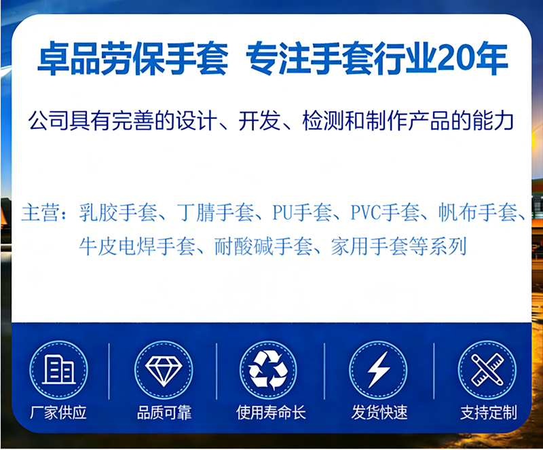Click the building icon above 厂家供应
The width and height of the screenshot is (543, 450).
coord(58,370)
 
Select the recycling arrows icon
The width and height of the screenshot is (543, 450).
coord(268,371)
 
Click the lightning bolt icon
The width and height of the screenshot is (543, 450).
coord(379,370)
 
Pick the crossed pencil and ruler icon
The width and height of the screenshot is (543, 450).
coord(487,370)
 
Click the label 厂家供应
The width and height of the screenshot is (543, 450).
coord(58,413)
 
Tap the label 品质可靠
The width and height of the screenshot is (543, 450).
coord(164,413)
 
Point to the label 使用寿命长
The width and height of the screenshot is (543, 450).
coord(271,413)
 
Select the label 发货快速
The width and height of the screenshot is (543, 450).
coord(379,413)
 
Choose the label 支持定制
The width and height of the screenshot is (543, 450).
coord(489,413)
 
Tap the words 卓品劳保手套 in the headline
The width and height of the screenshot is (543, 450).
coord(132,58)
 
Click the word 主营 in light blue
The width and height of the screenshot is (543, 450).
coord(41,212)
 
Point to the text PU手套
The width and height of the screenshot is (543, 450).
coord(302,212)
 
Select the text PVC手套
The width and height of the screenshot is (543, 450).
coord(385,212)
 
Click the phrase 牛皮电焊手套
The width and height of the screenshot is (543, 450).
coord(137,246)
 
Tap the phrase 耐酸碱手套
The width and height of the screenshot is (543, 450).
coord(263,246)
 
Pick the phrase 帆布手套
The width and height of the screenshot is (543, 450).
coord(478,212)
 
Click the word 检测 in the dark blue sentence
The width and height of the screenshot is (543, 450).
coord(323,121)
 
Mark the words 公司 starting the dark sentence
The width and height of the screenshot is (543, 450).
coord(48,121)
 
